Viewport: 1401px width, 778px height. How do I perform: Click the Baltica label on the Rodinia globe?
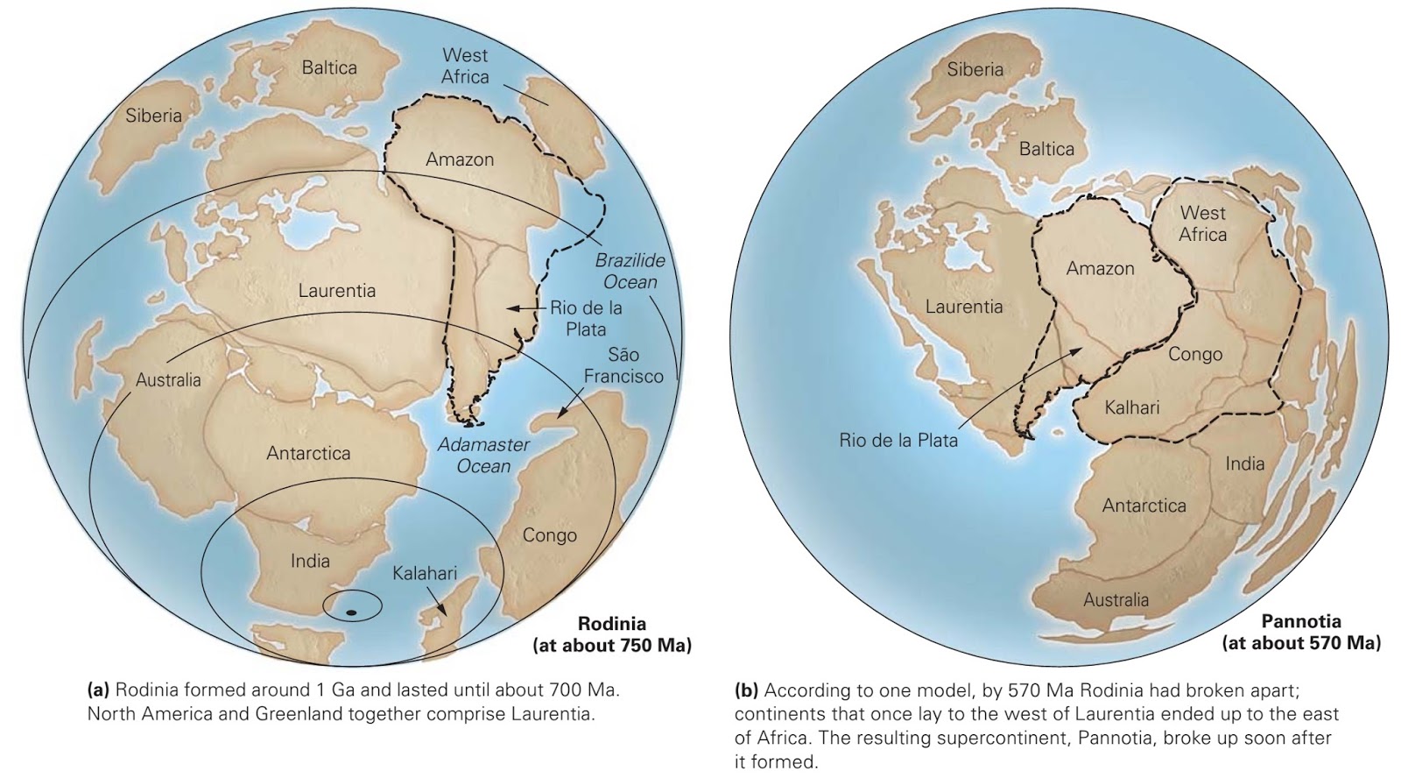click(329, 67)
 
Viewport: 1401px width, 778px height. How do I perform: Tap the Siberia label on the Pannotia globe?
click(975, 69)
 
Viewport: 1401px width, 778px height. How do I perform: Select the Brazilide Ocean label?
click(630, 272)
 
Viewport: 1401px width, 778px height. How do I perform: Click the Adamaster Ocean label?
click(483, 456)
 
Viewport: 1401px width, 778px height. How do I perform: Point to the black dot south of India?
click(350, 612)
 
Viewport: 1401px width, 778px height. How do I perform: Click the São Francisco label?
click(623, 365)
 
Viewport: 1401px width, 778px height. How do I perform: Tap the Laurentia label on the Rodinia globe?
click(337, 290)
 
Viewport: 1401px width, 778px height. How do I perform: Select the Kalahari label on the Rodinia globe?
click(425, 573)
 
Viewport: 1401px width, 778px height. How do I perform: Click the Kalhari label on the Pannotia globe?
click(1131, 407)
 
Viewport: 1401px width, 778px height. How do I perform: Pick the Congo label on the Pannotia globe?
click(1195, 354)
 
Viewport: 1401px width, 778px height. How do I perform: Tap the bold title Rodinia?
click(612, 624)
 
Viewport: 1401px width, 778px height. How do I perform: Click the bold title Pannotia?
click(1301, 621)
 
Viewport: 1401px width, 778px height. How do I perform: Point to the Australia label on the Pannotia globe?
click(1116, 600)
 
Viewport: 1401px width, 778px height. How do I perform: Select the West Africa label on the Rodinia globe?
click(465, 66)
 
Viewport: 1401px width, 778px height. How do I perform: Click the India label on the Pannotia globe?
click(1244, 463)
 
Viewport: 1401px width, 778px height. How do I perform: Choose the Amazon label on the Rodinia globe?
click(460, 159)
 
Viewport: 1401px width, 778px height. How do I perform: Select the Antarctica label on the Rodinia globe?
click(308, 453)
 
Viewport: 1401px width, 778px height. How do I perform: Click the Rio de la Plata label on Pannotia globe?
click(898, 441)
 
